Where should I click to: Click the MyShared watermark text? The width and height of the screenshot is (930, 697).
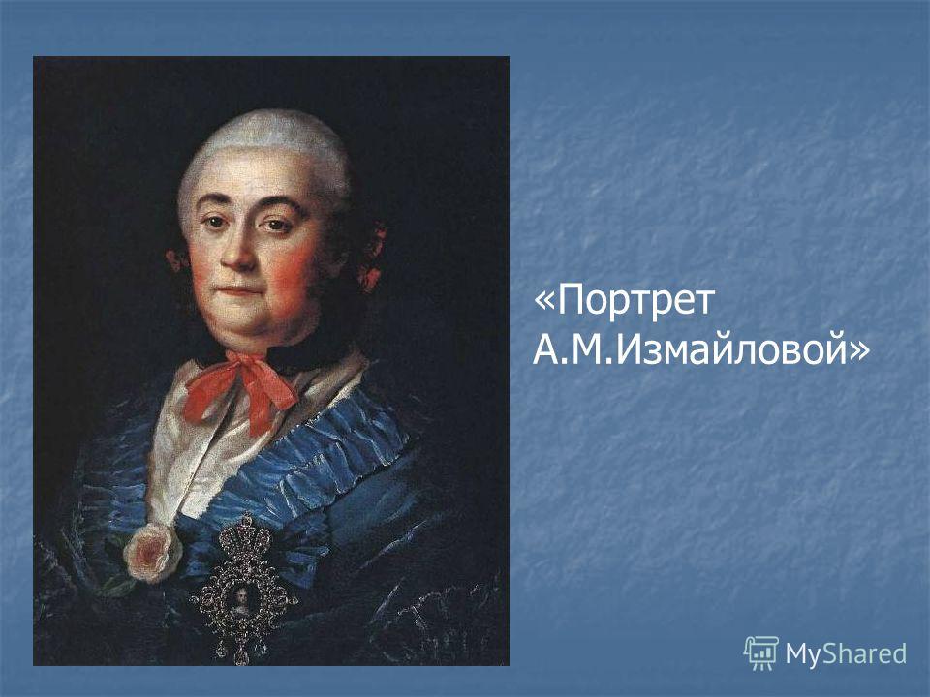coord(846,653)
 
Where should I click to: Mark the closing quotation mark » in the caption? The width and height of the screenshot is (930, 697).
coord(859,350)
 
